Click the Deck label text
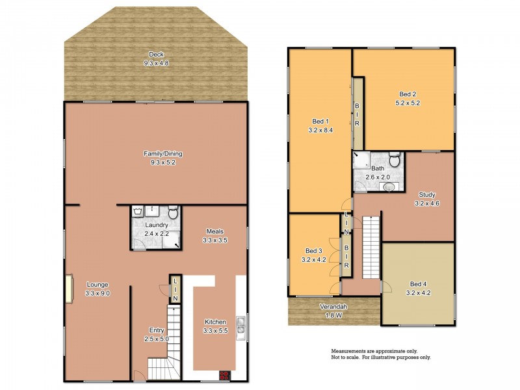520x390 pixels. pos(155,54)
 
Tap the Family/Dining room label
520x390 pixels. pos(163,154)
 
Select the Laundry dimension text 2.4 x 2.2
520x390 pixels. pos(157,234)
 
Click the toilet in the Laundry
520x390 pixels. pos(173,213)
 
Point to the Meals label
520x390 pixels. pos(215,231)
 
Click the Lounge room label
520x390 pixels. pos(96,284)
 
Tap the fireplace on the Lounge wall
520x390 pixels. pos(68,289)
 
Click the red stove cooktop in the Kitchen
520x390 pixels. pos(224,375)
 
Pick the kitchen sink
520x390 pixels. pos(240,328)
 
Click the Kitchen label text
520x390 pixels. pos(215,322)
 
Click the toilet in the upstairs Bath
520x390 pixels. pos(395,160)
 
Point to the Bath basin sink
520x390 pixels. pos(389,187)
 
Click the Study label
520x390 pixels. pos(427,194)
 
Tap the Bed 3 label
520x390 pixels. pos(314,251)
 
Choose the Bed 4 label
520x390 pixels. pos(419,283)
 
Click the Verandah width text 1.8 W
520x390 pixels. pos(332,316)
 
